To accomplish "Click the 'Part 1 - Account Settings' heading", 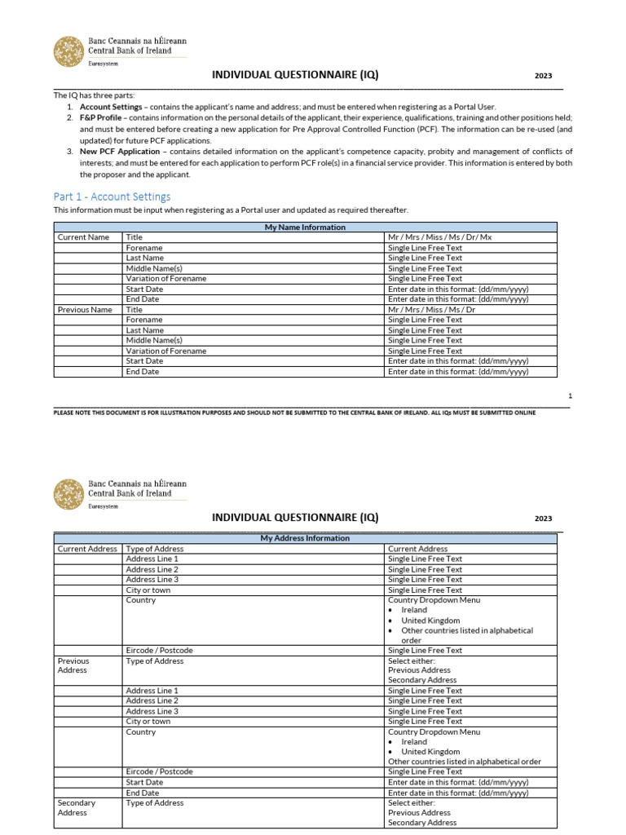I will pyautogui.click(x=112, y=197).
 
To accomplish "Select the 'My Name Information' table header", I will pyautogui.click(x=305, y=228).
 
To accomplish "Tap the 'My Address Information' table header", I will pyautogui.click(x=305, y=538).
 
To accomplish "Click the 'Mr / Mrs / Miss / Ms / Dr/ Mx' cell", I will pyautogui.click(x=439, y=237).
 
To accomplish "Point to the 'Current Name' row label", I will pyautogui.click(x=82, y=237).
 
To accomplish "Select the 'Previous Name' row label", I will pyautogui.click(x=85, y=310).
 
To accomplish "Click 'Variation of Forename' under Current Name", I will pyautogui.click(x=165, y=279).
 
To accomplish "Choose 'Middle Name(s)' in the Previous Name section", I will pyautogui.click(x=154, y=341).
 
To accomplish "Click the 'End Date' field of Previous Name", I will pyautogui.click(x=143, y=372).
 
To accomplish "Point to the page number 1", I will pyautogui.click(x=570, y=395).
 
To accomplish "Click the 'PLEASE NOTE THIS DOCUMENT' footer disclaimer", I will pyautogui.click(x=294, y=413).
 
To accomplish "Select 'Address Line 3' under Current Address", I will pyautogui.click(x=152, y=580).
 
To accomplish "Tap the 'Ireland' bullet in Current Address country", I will pyautogui.click(x=414, y=610).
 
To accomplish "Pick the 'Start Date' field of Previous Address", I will pyautogui.click(x=144, y=782).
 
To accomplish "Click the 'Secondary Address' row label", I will pyautogui.click(x=77, y=807).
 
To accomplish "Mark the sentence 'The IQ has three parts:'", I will pyautogui.click(x=93, y=95).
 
